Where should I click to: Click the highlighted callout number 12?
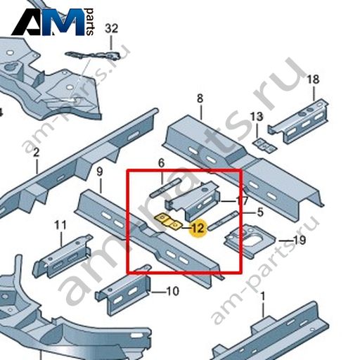pos(198,228)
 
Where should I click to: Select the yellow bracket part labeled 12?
pos(168,221)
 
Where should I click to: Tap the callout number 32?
pos(111,29)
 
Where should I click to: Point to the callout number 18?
pos(313,79)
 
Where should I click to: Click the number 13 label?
pos(257,117)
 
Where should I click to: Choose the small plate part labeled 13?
pos(265,145)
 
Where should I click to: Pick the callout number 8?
pos(200,98)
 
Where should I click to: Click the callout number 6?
pos(162,163)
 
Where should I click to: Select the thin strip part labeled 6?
pos(165,187)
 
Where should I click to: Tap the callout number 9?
pos(100,172)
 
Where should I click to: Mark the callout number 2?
pos(36,153)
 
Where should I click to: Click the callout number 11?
pos(60,226)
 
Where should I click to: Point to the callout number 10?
pos(173,291)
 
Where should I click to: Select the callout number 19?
pos(300,240)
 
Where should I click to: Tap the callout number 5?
pos(260,212)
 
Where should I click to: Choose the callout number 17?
pos(242,201)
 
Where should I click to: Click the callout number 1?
pos(263,297)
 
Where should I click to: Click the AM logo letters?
pos(48,22)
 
